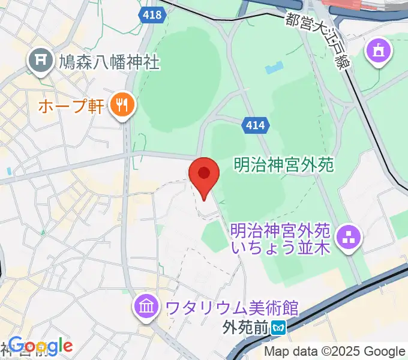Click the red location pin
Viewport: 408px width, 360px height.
(204, 175)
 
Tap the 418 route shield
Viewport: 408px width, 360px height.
(153, 15)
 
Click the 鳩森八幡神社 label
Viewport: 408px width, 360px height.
(109, 61)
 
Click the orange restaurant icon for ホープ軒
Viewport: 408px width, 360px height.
(122, 106)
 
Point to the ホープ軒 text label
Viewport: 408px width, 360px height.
(71, 107)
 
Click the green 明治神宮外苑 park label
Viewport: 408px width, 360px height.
(283, 164)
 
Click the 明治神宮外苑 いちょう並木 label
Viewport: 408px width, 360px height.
(280, 238)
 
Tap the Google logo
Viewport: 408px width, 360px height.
(41, 346)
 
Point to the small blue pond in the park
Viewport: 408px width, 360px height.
(273, 68)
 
